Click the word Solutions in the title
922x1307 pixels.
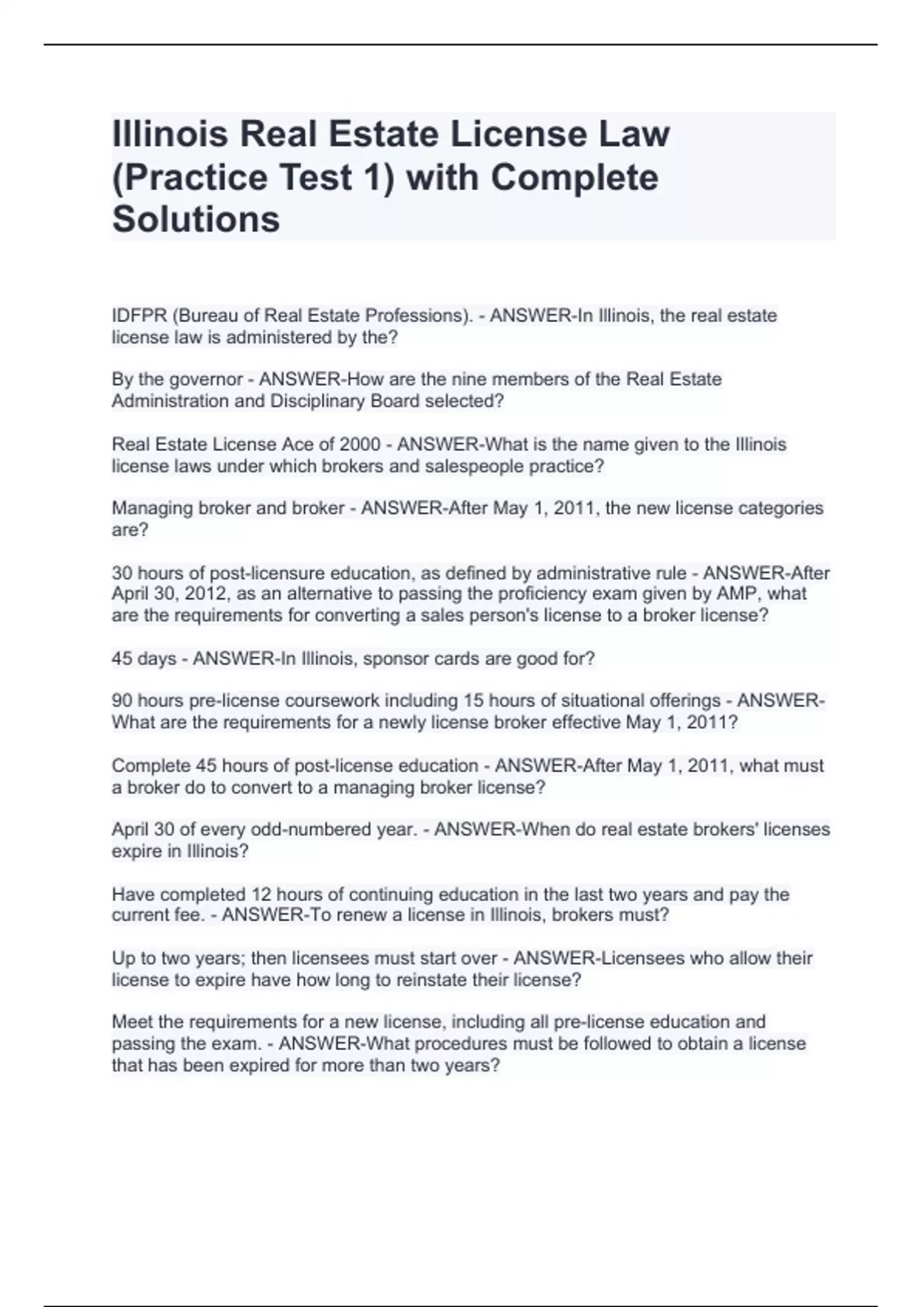[x=196, y=219]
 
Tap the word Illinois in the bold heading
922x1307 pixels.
[x=170, y=134]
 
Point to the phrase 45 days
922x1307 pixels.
[x=144, y=659]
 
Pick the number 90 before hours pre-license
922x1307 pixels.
[x=122, y=701]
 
